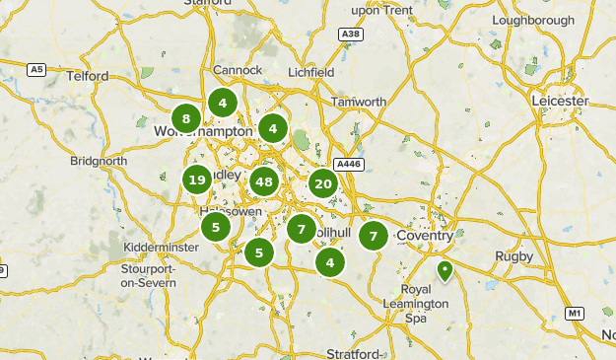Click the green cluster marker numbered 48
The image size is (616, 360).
(x=263, y=181)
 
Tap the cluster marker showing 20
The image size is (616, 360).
(x=322, y=182)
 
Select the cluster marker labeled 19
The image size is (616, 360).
(x=197, y=180)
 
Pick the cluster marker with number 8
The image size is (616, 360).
(x=186, y=119)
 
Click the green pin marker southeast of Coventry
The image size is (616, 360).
(x=445, y=269)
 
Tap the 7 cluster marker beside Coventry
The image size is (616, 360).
(x=373, y=236)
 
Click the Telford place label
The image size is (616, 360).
(x=86, y=76)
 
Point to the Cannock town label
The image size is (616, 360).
(x=238, y=70)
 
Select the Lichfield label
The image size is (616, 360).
(x=310, y=72)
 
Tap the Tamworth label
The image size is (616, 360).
(x=359, y=102)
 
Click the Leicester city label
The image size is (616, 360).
(x=559, y=101)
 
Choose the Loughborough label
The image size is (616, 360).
(x=532, y=20)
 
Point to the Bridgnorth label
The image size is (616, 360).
(x=99, y=161)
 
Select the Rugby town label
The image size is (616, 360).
(x=513, y=256)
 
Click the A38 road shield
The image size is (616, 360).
(x=349, y=35)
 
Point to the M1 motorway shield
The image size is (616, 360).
(x=575, y=314)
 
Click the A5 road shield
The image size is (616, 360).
(x=35, y=69)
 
